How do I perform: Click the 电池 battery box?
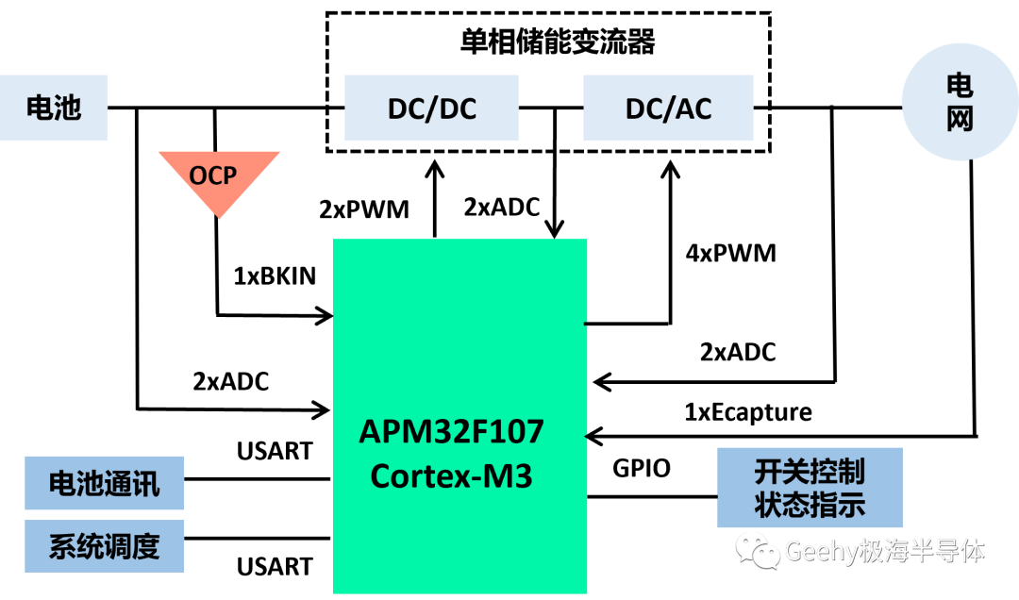point(54,108)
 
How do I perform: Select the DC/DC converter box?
point(431,108)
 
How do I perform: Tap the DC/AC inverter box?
point(668,108)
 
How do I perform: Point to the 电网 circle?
point(960,102)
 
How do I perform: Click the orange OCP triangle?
point(219,179)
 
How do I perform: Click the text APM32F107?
point(452,432)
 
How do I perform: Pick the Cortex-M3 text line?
point(452,475)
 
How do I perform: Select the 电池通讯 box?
point(104,483)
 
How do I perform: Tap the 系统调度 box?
point(104,546)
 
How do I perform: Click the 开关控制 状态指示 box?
point(810,488)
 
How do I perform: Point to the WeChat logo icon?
point(759,550)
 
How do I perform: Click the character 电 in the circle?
point(960,86)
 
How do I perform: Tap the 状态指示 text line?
point(810,505)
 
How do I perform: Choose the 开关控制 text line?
point(810,471)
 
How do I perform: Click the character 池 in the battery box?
point(68,108)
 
